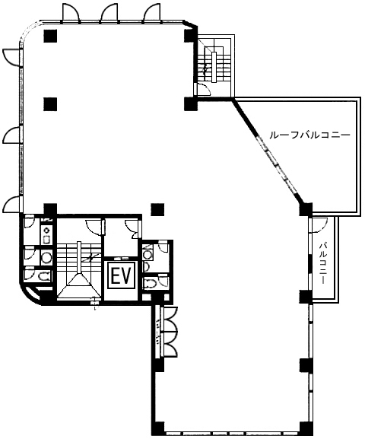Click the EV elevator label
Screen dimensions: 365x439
[x=122, y=275]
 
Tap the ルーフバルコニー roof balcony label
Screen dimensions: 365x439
[x=309, y=135]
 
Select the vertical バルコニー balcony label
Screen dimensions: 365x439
[x=324, y=264]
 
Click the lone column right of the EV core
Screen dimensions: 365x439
[x=157, y=209]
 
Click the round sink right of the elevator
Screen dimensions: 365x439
[x=147, y=254]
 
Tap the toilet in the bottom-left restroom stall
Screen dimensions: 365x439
[x=44, y=276]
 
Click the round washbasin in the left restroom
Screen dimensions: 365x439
[x=46, y=256]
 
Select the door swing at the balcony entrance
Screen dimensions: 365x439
[x=319, y=225]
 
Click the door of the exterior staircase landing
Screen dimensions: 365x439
[x=204, y=89]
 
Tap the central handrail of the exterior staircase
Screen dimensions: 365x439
[x=214, y=67]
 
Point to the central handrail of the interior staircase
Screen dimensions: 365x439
[x=79, y=258]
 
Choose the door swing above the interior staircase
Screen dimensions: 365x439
[x=94, y=226]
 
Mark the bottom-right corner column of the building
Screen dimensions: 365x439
[x=306, y=428]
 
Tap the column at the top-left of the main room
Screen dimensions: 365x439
[x=50, y=36]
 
